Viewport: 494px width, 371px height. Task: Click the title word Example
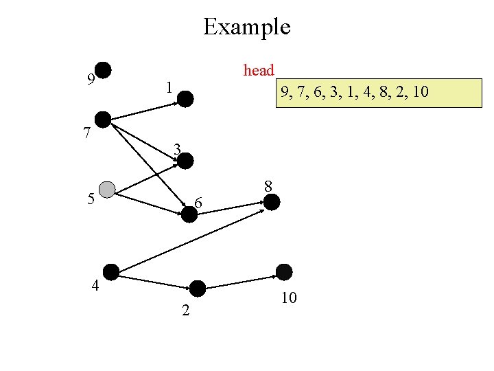pyautogui.click(x=247, y=27)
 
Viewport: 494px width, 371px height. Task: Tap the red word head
pyautogui.click(x=259, y=71)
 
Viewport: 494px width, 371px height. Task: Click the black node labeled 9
pyautogui.click(x=103, y=70)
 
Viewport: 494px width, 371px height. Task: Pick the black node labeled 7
pyautogui.click(x=103, y=120)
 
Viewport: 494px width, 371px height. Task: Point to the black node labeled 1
pyautogui.click(x=187, y=100)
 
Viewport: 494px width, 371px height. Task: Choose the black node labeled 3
pyautogui.click(x=186, y=161)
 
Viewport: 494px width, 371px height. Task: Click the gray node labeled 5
pyautogui.click(x=107, y=190)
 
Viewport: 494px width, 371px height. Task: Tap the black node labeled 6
pyautogui.click(x=189, y=214)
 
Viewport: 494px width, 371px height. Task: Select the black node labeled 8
pyautogui.click(x=272, y=202)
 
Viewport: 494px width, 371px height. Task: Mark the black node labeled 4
pyautogui.click(x=111, y=272)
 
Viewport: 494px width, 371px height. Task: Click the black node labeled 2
pyautogui.click(x=198, y=289)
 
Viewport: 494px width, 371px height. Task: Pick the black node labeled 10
pyautogui.click(x=283, y=272)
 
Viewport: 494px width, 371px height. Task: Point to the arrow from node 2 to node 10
pyautogui.click(x=240, y=282)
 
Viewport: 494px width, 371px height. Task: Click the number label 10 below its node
pyautogui.click(x=288, y=298)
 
